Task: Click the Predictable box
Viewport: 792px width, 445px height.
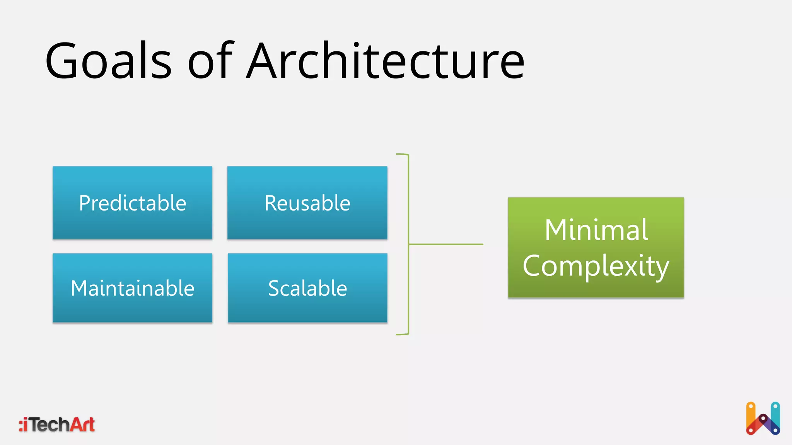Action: (132, 203)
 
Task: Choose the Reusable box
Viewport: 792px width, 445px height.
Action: (307, 203)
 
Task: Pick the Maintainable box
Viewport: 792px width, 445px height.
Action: (132, 288)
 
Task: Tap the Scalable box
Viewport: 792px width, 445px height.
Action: (307, 288)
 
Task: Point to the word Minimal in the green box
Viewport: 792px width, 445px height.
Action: (596, 230)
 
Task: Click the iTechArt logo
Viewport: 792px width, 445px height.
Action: (57, 425)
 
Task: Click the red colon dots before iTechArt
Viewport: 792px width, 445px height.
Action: (21, 425)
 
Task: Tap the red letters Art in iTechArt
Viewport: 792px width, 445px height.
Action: (82, 425)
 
